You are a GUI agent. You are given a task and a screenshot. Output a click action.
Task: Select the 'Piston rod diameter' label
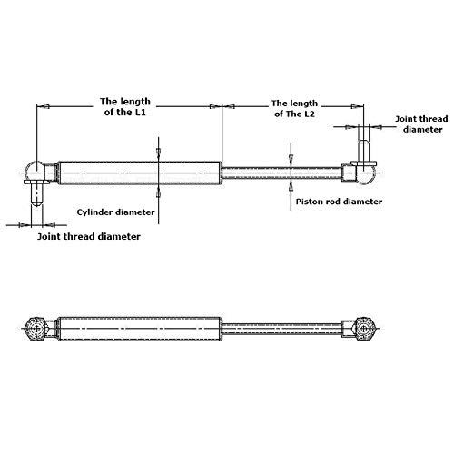[x=339, y=201]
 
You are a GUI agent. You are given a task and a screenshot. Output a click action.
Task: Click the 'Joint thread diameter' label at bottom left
[x=89, y=236]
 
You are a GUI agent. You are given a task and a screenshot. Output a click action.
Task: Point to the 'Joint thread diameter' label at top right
[x=420, y=123]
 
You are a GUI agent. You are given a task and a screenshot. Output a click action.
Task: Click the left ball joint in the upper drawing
[x=35, y=169]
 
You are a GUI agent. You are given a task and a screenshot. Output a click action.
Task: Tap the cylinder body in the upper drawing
[x=136, y=169]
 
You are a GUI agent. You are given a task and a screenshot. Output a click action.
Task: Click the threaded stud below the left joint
[x=37, y=192]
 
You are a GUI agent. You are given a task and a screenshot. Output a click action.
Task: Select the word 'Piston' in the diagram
[x=311, y=201]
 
